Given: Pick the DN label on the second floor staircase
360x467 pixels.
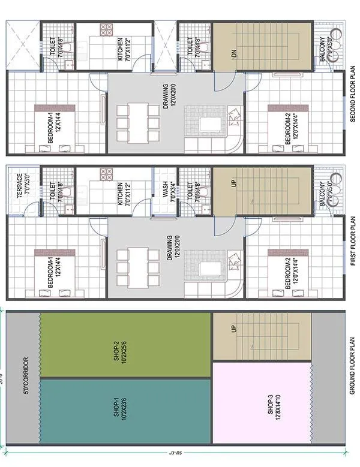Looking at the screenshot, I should (x=235, y=53).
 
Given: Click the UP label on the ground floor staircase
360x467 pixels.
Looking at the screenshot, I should (x=233, y=329).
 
